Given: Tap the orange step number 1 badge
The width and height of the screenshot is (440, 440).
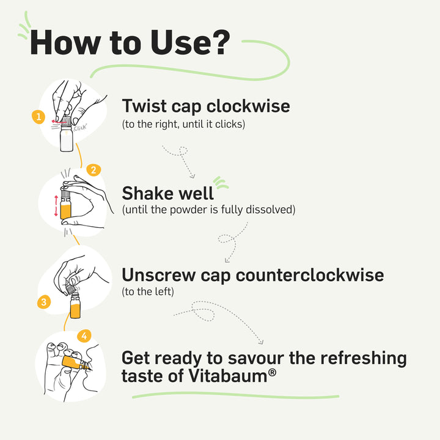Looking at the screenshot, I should pos(39,116).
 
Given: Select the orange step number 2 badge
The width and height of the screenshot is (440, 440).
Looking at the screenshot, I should pos(93,169).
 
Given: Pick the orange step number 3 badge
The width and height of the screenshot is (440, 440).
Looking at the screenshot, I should pos(43,301).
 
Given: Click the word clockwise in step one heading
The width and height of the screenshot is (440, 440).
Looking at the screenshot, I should pos(248,106).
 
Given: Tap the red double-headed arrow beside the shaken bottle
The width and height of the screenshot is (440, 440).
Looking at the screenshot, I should pos(56,205).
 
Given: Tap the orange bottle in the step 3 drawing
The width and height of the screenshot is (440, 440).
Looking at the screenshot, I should pos(75,306).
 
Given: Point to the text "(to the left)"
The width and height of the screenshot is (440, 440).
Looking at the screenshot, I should pos(148,291).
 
